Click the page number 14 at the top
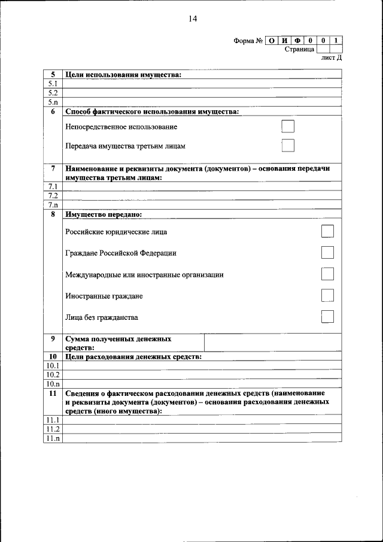[x=192, y=19]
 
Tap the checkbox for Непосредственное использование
[x=288, y=126]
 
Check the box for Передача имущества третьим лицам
[x=288, y=146]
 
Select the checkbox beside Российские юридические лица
[x=327, y=231]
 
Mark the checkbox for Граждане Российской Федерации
[x=327, y=252]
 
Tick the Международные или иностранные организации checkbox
[x=327, y=274]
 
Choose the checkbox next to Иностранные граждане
[x=327, y=295]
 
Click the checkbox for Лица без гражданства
[x=327, y=316]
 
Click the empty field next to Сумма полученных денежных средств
[x=273, y=343]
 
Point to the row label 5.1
[x=53, y=84]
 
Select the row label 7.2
[x=53, y=196]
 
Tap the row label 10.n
[x=53, y=383]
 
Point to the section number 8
[x=53, y=214]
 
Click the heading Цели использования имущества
[x=123, y=74]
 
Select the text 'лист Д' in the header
[x=332, y=58]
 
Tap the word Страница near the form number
[x=299, y=49]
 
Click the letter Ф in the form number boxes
[x=297, y=41]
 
